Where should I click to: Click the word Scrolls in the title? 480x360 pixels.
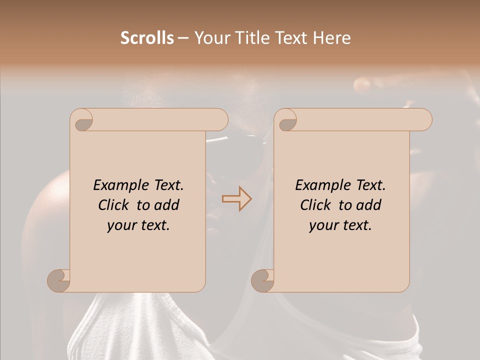pyautogui.click(x=147, y=38)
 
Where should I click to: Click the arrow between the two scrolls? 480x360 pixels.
pyautogui.click(x=236, y=199)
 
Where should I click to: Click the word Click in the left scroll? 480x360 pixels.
pyautogui.click(x=115, y=205)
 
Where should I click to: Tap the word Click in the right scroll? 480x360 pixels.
pyautogui.click(x=317, y=205)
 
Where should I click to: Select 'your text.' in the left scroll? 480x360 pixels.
pyautogui.click(x=138, y=225)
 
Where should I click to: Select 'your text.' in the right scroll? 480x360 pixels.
pyautogui.click(x=340, y=225)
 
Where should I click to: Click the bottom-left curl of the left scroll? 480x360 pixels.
pyautogui.click(x=58, y=280)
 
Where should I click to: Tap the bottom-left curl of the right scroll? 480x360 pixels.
pyautogui.click(x=262, y=280)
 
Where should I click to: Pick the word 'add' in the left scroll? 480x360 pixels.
pyautogui.click(x=167, y=205)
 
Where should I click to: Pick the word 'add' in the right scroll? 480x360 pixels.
pyautogui.click(x=369, y=205)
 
